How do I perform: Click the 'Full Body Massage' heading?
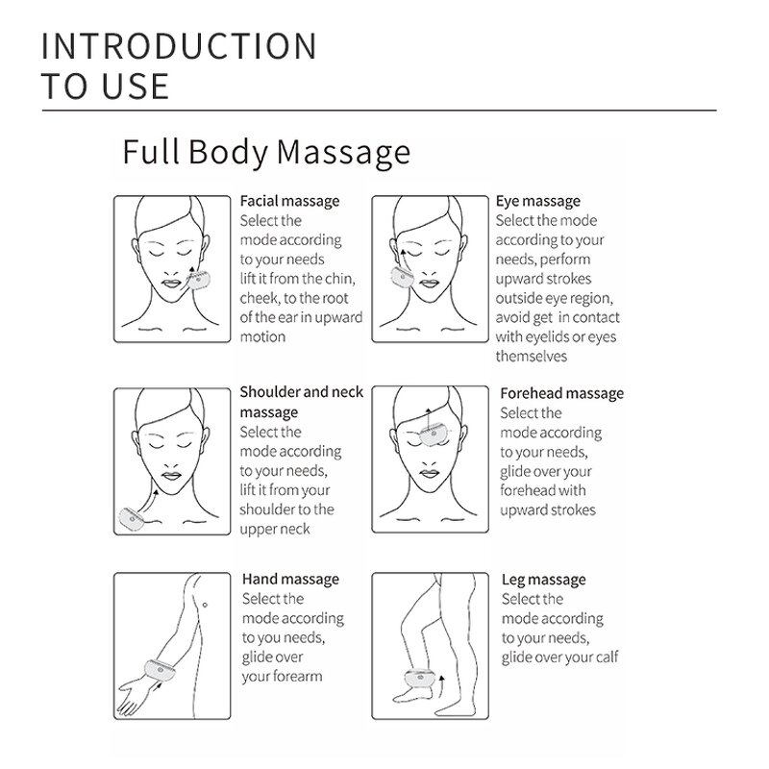[266, 152]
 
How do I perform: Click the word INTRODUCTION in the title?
[179, 46]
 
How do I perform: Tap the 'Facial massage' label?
[289, 201]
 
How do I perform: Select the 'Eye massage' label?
[537, 201]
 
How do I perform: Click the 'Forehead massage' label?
[561, 393]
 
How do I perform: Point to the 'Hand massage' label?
[289, 580]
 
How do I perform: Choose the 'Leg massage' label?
[543, 580]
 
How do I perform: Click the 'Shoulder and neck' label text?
[301, 392]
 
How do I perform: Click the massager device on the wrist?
[158, 665]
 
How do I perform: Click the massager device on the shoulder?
[131, 519]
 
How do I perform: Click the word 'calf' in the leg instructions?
[605, 657]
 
